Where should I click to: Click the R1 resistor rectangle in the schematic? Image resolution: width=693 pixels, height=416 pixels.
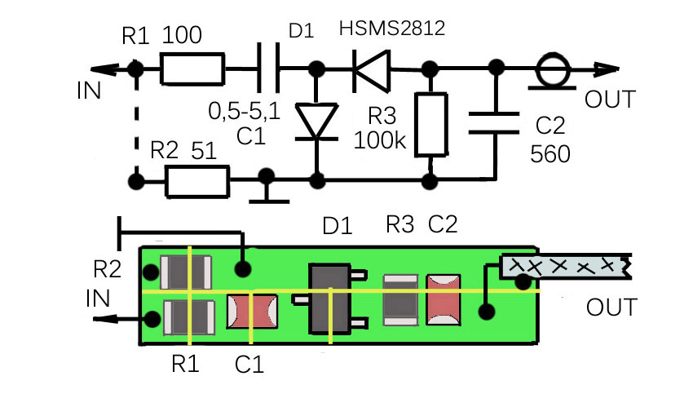tap(192, 69)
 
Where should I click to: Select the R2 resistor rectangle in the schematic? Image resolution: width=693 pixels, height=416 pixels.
tap(197, 181)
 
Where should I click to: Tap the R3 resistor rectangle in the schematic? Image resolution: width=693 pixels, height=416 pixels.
tap(431, 124)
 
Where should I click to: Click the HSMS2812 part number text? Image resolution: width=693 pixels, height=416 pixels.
tap(391, 29)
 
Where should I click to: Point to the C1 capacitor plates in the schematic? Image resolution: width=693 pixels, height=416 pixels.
tap(268, 68)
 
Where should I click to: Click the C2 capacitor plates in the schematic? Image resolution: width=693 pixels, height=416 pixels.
tap(494, 123)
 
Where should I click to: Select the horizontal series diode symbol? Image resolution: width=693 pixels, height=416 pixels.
tap(372, 71)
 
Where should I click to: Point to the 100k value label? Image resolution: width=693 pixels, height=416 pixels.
tap(380, 140)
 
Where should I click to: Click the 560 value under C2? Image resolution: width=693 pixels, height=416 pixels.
tap(550, 154)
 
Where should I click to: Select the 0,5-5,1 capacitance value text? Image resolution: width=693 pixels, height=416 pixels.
tap(245, 111)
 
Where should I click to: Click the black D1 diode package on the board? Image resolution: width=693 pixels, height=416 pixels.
tap(329, 299)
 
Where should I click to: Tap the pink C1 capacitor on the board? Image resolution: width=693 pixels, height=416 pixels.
tap(252, 312)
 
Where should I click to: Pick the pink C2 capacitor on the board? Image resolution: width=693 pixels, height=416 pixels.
tap(444, 299)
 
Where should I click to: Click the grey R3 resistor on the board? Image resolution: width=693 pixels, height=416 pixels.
tap(400, 299)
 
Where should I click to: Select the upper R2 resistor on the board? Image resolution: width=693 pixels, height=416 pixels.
tap(186, 272)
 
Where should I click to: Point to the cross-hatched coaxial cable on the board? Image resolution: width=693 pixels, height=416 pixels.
tap(566, 267)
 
